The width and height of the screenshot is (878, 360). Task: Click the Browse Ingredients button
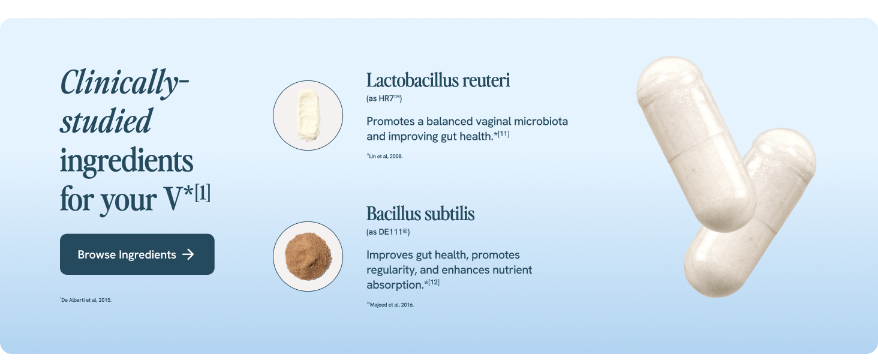tap(137, 254)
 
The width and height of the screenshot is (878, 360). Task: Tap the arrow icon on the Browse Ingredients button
tap(188, 254)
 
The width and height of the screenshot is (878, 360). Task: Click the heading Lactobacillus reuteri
tap(438, 80)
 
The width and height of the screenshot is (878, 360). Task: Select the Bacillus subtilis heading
tap(420, 214)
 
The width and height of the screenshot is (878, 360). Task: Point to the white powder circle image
tap(308, 115)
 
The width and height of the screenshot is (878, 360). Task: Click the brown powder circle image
tap(308, 256)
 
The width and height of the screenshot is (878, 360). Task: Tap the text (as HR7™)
tap(384, 98)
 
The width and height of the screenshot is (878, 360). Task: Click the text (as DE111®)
tap(387, 232)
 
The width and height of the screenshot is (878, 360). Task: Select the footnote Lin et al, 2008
tap(385, 156)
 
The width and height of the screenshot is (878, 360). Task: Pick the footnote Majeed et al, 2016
tap(391, 305)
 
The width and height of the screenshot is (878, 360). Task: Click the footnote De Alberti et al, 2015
tap(86, 300)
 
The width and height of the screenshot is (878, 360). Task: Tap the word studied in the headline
tap(106, 121)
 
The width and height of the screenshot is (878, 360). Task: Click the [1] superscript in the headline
tap(203, 194)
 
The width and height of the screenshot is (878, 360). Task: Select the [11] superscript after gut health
tap(503, 133)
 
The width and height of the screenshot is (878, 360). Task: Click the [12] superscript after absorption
tap(433, 282)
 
